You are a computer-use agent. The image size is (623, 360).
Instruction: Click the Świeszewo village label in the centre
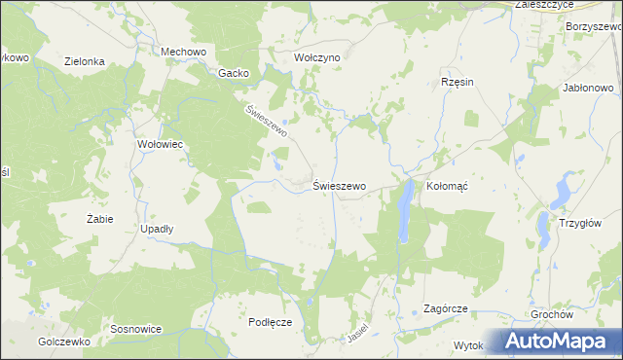pos(339,185)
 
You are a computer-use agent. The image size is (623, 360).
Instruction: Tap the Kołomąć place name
pos(448,186)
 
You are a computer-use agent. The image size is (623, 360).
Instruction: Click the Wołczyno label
pos(317,57)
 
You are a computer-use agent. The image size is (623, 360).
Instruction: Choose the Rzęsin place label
pos(457,82)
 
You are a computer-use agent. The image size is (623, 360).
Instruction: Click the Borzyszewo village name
pos(592,26)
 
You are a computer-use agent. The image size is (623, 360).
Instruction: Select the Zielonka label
pos(85,60)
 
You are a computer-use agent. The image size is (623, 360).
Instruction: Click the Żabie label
pos(99,219)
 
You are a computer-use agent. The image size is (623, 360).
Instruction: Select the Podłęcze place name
pos(271,322)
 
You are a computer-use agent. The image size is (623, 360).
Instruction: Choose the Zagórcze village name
pos(446,308)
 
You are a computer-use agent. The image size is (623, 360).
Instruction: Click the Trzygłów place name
pos(581,222)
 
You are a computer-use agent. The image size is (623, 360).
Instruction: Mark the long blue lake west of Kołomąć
pos(404,212)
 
